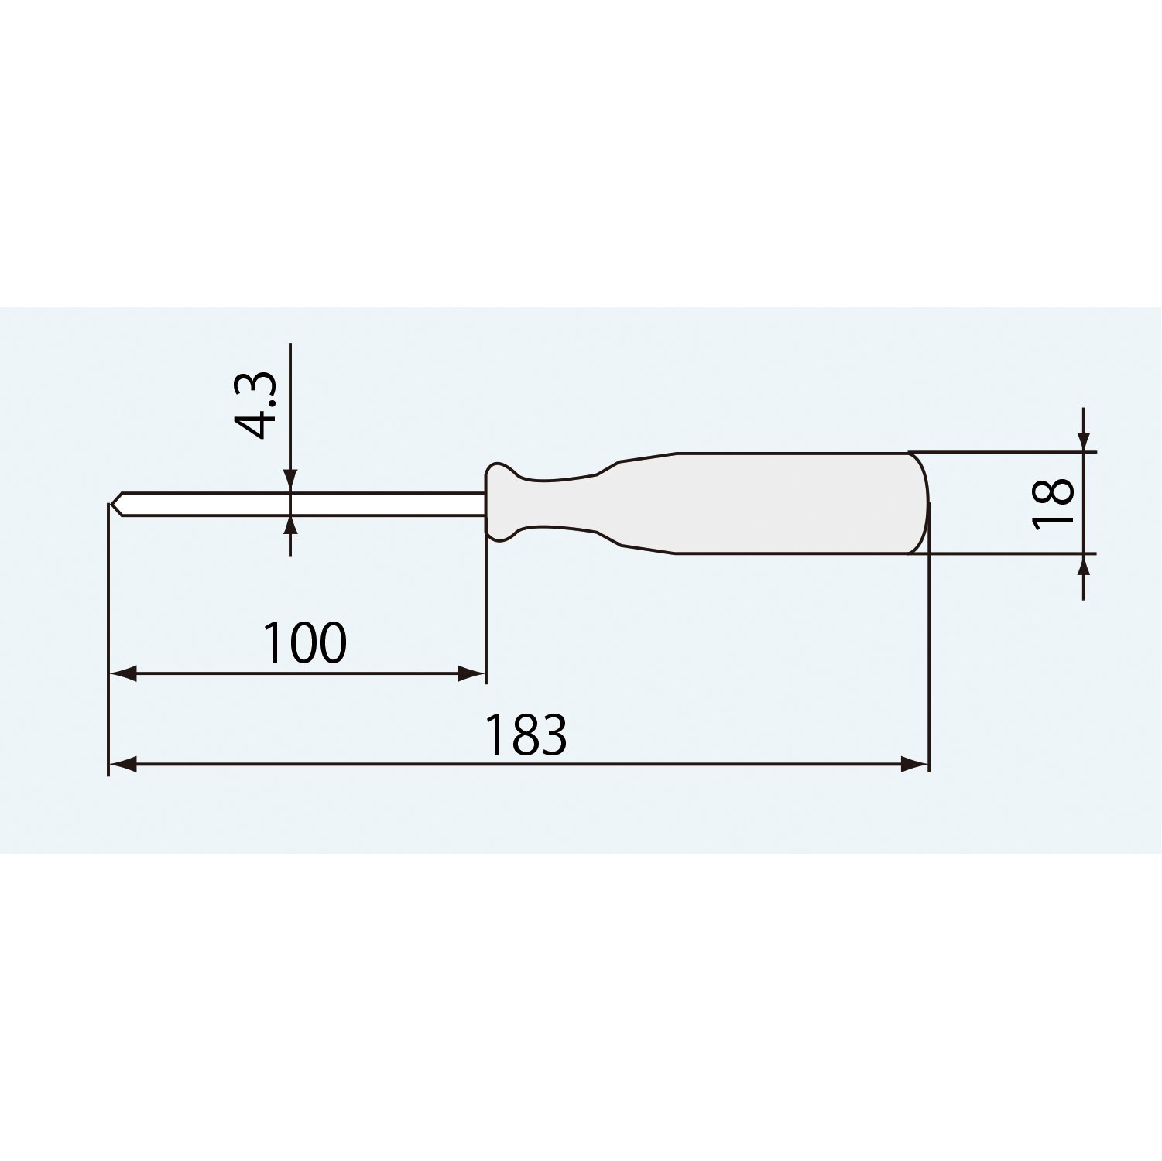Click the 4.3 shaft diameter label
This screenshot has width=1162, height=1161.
coord(255,405)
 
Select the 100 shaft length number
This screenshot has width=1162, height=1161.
coord(305,642)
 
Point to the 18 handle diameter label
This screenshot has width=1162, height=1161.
coord(1054,502)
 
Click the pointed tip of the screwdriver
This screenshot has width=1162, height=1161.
coord(111,504)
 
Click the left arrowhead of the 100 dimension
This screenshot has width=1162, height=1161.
coord(123,674)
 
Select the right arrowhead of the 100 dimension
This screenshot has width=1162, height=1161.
coord(471,674)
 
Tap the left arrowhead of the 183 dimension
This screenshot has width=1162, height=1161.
coord(123,765)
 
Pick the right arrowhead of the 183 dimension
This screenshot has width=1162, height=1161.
coord(914,765)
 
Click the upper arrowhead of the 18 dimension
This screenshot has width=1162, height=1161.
coord(1084,437)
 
